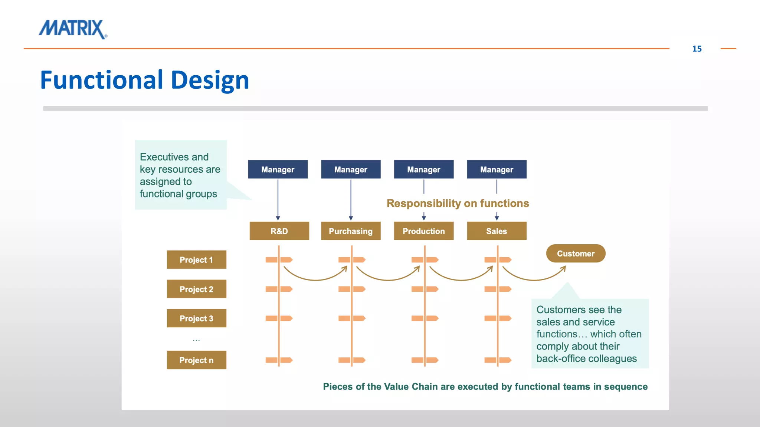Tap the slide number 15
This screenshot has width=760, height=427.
point(697,49)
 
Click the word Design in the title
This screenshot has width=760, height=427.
point(210,80)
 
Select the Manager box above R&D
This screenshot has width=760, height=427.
point(278,169)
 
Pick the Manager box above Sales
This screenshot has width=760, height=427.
point(497,169)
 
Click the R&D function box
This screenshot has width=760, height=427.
point(279,231)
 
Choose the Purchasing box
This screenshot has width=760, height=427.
point(351,231)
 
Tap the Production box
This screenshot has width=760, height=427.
point(423,231)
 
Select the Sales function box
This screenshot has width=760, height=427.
point(497,231)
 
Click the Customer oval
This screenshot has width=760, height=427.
point(576,254)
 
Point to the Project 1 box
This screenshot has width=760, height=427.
point(196,259)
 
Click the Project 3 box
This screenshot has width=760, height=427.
point(196,318)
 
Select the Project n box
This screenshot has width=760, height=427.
point(196,360)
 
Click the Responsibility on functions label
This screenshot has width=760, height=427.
point(458,203)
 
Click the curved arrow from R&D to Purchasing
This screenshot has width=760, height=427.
point(315,279)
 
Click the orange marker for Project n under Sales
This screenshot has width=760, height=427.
point(498,360)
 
